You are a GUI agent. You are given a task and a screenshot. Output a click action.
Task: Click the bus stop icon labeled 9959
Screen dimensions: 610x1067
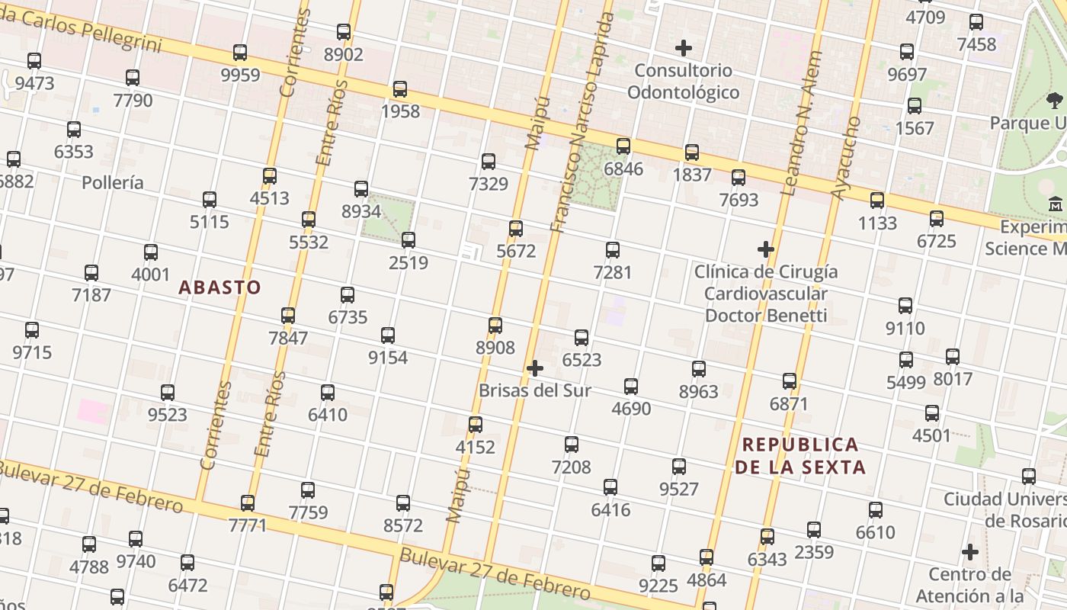240,53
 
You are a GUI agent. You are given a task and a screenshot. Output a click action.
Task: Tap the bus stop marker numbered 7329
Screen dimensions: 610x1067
489,162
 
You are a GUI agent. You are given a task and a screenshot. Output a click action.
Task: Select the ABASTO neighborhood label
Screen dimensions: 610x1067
219,287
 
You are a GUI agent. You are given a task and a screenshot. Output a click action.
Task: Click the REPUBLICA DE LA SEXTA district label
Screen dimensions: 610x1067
800,455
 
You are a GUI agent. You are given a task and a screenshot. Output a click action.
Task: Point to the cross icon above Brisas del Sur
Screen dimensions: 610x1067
535,368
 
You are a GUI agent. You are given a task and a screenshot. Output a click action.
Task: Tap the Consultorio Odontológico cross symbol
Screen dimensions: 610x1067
684,48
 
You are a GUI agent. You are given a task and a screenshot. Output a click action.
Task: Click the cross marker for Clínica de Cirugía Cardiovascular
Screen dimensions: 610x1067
766,249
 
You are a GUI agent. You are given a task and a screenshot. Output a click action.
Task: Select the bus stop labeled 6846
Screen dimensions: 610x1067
623,146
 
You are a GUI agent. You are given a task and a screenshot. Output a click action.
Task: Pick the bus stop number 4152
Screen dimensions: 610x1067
476,425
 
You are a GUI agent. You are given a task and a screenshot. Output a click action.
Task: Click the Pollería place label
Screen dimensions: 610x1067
112,182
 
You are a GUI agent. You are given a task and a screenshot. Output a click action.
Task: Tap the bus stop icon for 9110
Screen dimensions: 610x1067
905,306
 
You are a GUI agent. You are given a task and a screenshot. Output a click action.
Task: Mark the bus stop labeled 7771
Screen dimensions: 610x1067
248,503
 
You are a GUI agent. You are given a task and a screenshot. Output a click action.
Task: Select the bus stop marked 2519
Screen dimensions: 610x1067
409,240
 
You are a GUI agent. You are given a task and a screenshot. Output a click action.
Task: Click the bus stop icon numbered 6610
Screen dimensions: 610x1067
876,510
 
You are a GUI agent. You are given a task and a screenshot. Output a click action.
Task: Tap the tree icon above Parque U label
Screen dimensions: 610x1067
1055,100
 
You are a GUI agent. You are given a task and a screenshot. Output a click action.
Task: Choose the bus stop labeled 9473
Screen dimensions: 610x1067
34,61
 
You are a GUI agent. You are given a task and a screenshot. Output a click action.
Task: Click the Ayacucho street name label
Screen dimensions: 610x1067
845,159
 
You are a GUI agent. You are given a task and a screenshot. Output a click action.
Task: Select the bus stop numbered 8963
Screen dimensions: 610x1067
699,369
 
